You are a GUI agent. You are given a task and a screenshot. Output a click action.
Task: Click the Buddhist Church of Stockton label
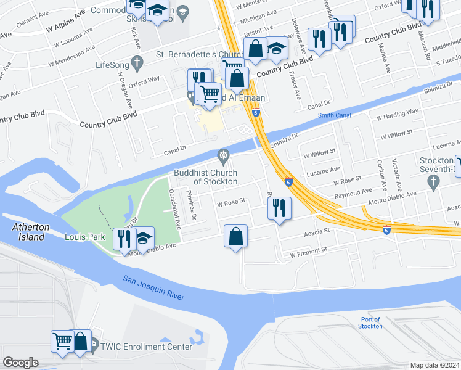[x=205, y=177]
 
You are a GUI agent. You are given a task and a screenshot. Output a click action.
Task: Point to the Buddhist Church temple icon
[x=222, y=154]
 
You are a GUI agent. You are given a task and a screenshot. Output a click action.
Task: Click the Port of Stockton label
[x=371, y=323]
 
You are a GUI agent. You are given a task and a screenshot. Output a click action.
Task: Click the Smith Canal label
[x=334, y=115]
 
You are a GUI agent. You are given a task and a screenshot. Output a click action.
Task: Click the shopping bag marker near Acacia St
[x=235, y=236]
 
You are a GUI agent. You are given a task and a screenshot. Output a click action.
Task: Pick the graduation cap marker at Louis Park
[x=143, y=237]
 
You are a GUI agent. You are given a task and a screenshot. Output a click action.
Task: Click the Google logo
[x=20, y=363]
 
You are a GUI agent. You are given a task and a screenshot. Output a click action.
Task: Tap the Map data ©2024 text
[x=434, y=365]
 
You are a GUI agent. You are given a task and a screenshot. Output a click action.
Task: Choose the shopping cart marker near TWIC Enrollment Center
[x=63, y=341]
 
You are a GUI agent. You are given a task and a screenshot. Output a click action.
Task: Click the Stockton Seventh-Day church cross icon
[x=433, y=180]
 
